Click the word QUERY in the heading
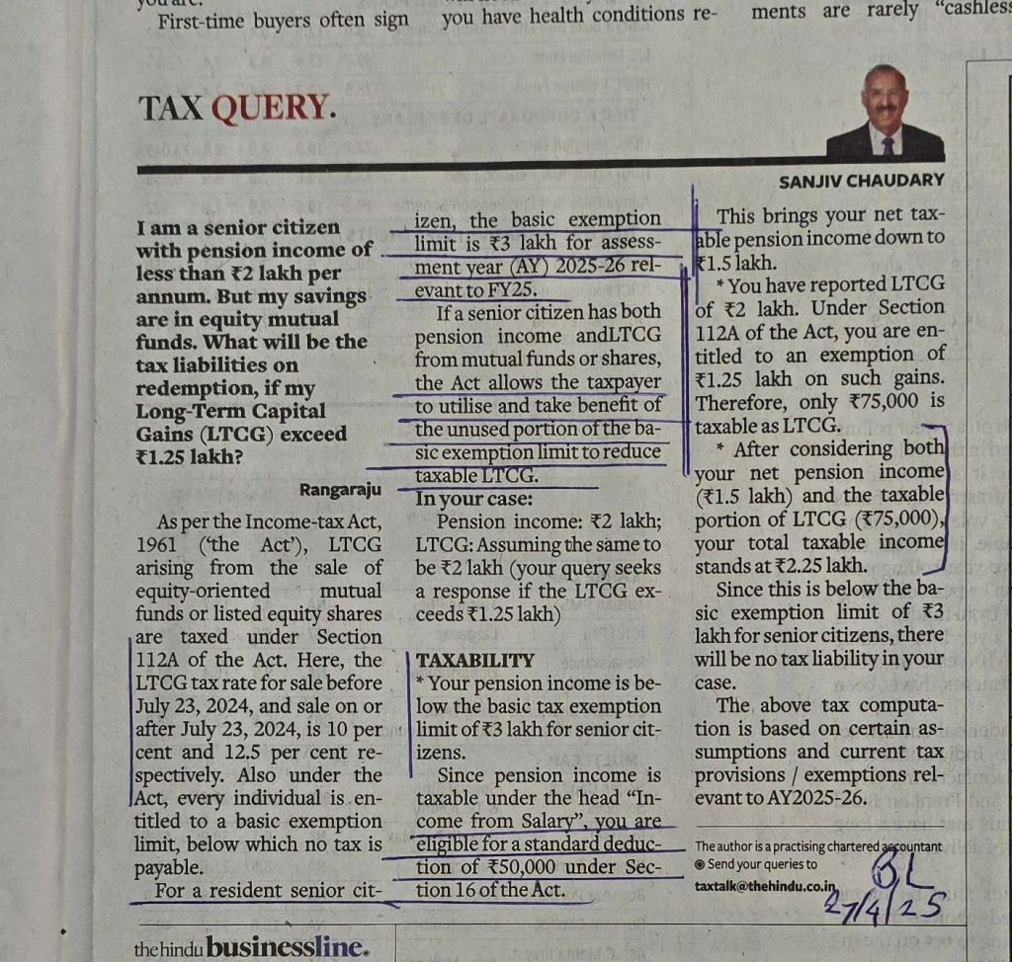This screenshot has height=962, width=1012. tap(273, 108)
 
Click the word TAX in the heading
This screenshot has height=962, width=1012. tap(170, 108)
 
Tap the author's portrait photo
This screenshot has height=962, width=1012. tap(885, 114)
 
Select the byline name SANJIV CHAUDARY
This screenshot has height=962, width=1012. tap(862, 181)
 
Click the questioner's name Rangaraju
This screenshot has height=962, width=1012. tap(340, 488)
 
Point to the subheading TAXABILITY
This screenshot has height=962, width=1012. tap(475, 660)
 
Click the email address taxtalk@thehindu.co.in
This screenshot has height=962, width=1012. tap(765, 887)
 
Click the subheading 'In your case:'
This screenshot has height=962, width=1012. tap(475, 499)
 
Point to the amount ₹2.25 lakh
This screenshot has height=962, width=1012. tap(807, 566)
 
